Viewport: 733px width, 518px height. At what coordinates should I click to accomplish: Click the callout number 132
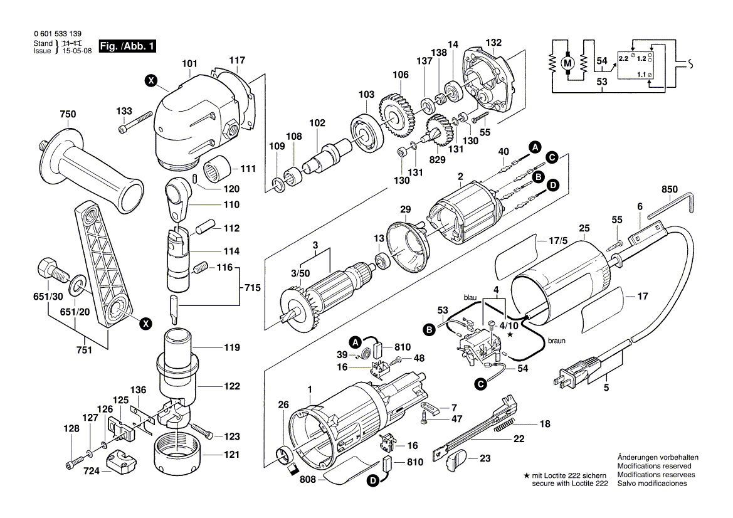494,43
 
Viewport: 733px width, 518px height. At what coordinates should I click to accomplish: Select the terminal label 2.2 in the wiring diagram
623,58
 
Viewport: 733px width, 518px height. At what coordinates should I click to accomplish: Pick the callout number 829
437,160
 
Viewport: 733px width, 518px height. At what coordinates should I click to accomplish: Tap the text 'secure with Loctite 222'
570,484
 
